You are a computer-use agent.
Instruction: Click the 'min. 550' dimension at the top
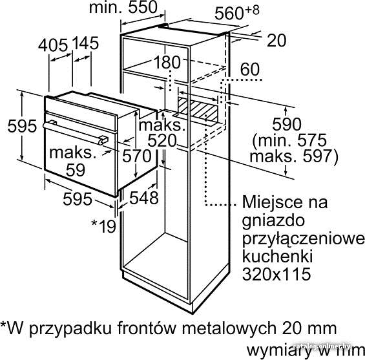(123, 7)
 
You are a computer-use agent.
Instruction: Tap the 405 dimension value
(53, 45)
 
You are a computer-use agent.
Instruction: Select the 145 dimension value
(85, 43)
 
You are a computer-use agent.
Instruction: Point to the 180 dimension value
(167, 63)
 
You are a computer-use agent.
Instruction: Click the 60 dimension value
(250, 69)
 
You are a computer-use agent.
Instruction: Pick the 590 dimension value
(287, 124)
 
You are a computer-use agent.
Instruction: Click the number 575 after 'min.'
(312, 140)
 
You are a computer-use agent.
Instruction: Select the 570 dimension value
(137, 156)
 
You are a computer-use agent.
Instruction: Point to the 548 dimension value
(144, 198)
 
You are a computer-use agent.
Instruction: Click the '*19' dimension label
(104, 226)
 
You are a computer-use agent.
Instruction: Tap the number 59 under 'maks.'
(75, 170)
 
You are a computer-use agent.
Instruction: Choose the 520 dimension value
(162, 141)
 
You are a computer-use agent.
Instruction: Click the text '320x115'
(276, 274)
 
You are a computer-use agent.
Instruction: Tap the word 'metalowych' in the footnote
(229, 328)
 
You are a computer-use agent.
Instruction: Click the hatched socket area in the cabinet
(198, 109)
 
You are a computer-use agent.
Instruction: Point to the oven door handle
(75, 132)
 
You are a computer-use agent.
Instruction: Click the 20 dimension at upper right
(276, 41)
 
